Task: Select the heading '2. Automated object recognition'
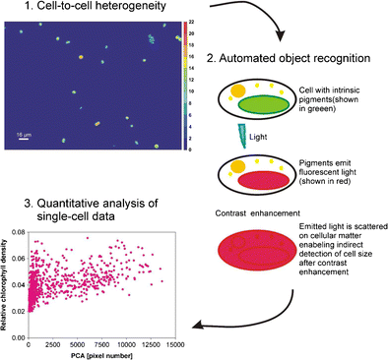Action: point(297,59)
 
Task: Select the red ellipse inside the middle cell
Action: point(261,178)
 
